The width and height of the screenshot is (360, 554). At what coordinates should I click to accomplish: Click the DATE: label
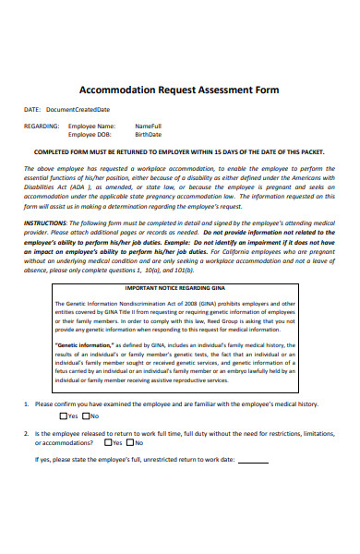33,109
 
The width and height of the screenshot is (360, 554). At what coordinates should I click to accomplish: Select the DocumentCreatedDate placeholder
84,109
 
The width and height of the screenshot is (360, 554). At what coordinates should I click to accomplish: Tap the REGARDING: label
42,126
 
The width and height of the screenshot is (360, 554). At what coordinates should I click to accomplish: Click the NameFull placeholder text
148,126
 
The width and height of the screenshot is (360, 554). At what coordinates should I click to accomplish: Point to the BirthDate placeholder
148,134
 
